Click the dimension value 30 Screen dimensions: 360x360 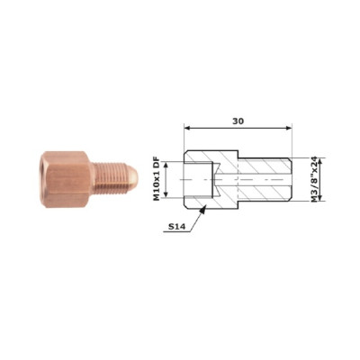238,121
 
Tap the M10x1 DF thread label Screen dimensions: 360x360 157,179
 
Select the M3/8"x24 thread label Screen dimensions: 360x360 314,179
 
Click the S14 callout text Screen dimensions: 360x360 175,227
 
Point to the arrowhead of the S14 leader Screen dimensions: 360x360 203,210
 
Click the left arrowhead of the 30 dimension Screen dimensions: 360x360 187,128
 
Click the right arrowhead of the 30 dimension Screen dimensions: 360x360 289,128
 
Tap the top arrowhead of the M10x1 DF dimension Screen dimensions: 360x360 166,164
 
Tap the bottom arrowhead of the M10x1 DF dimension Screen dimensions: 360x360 166,194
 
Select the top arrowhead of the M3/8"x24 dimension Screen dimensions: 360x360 320,161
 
